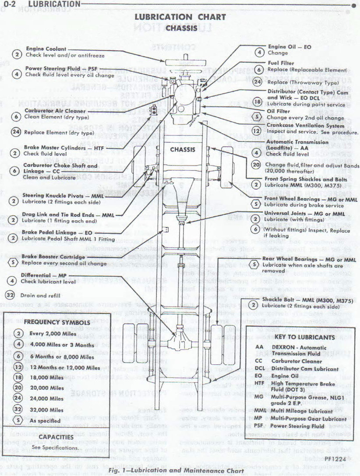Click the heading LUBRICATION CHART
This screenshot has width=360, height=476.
180,18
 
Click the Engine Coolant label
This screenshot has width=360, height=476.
46,49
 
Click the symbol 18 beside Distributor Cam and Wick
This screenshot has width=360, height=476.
258,101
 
